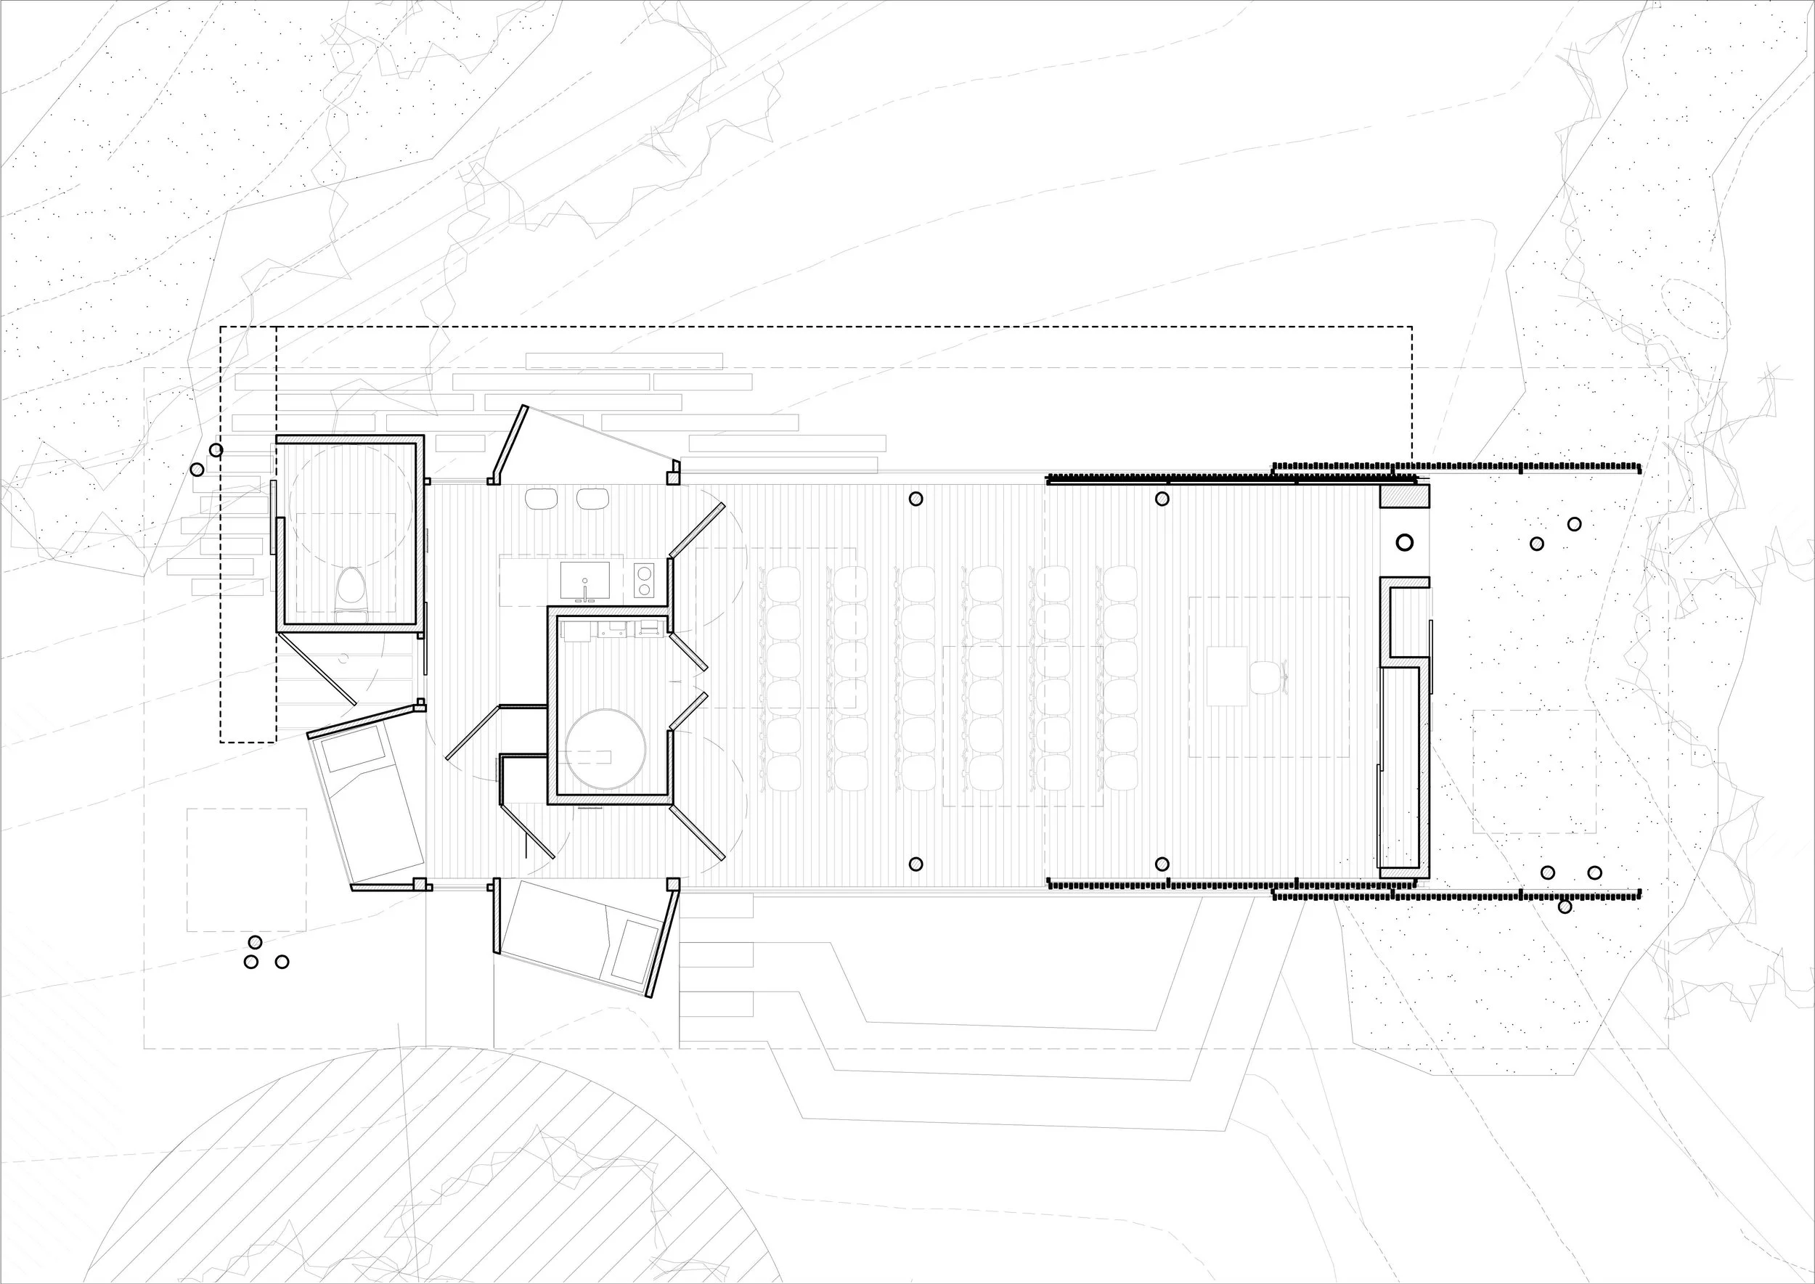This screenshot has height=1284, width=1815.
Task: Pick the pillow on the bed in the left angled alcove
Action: (356, 750)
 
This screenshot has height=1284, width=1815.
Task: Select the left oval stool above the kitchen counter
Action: (542, 499)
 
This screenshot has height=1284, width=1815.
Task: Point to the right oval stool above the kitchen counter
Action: (592, 499)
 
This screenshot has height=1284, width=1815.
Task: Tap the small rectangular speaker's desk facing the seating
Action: (1228, 676)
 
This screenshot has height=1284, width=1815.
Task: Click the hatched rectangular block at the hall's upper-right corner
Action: (1405, 496)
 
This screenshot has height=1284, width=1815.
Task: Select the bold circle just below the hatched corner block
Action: (1405, 542)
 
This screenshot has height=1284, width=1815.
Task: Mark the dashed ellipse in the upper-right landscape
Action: (1694, 308)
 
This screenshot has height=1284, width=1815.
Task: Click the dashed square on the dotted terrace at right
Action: (1534, 771)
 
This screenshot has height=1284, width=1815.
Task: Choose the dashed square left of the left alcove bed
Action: (247, 869)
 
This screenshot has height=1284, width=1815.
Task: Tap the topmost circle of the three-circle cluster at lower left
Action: (255, 941)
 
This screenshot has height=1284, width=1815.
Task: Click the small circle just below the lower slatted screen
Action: (1565, 907)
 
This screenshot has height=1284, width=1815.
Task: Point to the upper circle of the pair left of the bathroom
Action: (216, 451)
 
